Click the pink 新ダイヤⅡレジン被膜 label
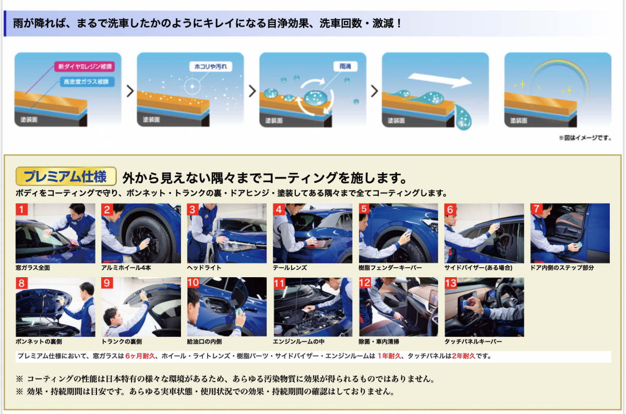click(85, 67)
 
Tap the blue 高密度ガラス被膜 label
click(87, 81)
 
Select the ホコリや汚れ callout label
click(211, 67)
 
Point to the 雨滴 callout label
click(345, 66)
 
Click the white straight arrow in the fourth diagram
click(440, 80)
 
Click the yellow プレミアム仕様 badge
click(66, 176)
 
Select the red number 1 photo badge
click(21, 209)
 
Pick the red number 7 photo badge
click(536, 209)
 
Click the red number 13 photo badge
click(451, 283)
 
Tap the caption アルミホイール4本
click(126, 268)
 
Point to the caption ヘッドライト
click(204, 268)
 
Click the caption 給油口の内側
click(204, 341)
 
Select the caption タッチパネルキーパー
click(473, 341)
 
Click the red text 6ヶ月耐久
click(140, 356)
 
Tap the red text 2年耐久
click(464, 356)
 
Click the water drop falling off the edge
click(463, 117)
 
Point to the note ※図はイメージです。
click(585, 138)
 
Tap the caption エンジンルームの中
click(298, 341)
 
